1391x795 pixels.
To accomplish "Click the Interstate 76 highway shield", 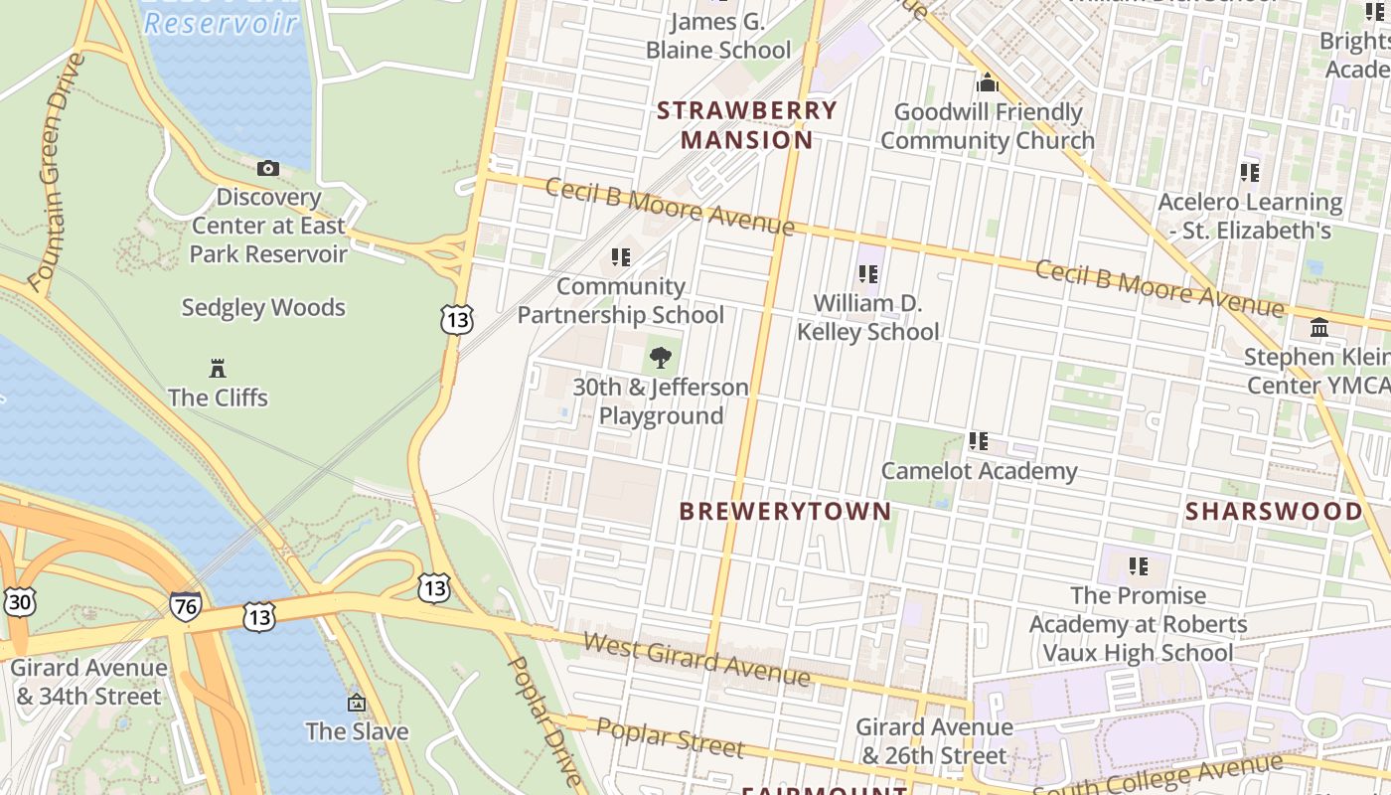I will click(185, 605).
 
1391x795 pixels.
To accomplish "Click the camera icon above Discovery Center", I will click(268, 168).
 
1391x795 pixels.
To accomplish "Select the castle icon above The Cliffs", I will click(218, 369).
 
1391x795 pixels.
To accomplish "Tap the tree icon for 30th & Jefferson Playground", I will click(660, 358).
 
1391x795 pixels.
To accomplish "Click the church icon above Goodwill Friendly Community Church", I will click(987, 82).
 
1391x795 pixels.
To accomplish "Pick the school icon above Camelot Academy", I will click(978, 441).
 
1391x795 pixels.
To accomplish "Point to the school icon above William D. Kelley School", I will click(867, 273).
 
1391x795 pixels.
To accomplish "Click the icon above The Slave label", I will click(356, 703).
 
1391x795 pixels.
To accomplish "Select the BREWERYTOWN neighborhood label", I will click(785, 511).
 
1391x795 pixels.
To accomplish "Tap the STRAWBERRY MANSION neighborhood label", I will click(747, 125).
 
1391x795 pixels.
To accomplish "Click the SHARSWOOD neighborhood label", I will click(1274, 511).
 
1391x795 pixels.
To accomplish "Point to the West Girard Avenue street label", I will click(695, 659).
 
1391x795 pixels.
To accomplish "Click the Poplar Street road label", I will click(670, 737).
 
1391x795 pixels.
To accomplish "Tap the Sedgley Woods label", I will click(263, 308).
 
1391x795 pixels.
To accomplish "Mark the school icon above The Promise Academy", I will click(1138, 566).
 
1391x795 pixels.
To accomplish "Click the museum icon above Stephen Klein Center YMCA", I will click(1319, 327).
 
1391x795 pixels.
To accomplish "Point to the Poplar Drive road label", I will click(543, 718).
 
